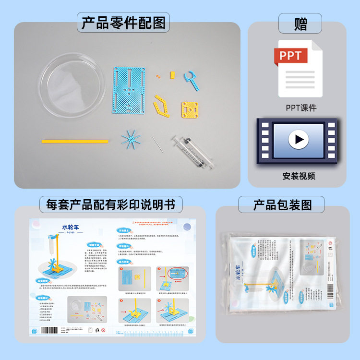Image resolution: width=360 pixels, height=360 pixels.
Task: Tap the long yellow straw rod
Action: (x=74, y=142)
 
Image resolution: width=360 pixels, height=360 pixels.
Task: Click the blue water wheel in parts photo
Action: (x=129, y=141)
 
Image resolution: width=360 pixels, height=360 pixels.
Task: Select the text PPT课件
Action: (x=301, y=108)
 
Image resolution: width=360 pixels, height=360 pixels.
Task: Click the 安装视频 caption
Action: (x=299, y=176)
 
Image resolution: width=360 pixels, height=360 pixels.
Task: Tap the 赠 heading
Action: (x=300, y=24)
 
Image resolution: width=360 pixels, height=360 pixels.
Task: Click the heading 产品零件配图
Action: (x=123, y=23)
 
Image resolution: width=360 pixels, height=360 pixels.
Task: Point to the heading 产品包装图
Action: (x=282, y=205)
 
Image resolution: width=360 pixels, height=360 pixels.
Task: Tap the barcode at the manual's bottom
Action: (x=52, y=331)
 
